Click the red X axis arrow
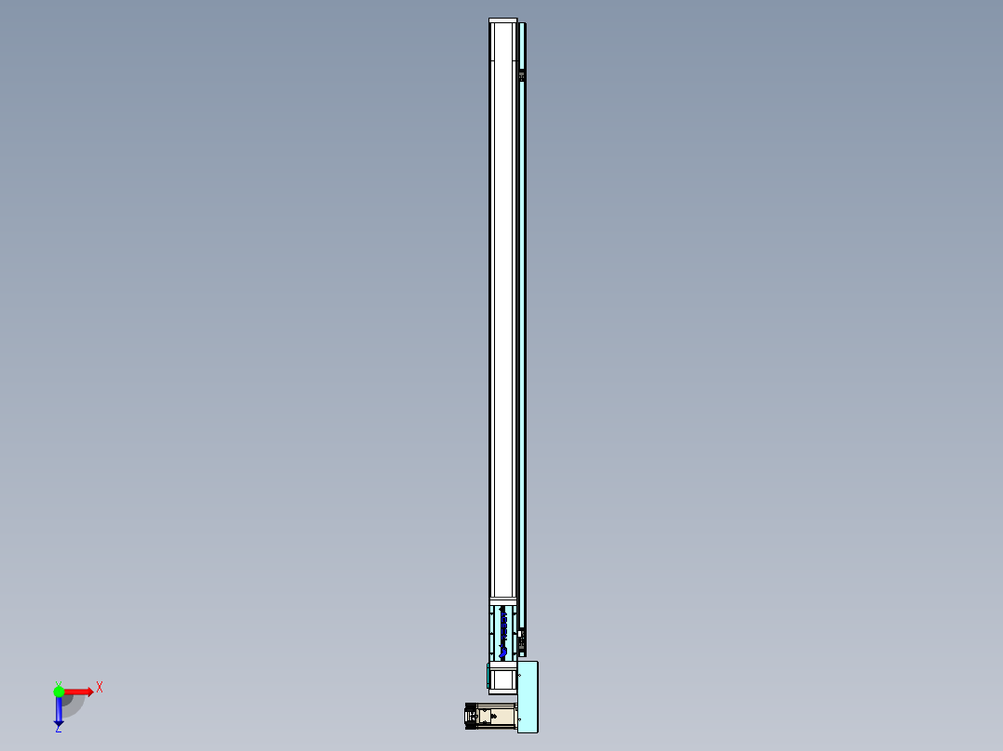tap(78, 692)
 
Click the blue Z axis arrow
tap(59, 711)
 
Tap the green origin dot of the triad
tap(59, 691)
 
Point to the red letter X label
tap(100, 687)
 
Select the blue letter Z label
tap(58, 730)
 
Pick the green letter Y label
tap(58, 682)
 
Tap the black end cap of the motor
tap(469, 717)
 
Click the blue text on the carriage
tap(503, 632)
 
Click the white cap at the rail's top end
tap(502, 21)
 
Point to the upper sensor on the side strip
tap(522, 74)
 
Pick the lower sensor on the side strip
tap(522, 639)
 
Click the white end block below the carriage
tap(502, 679)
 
